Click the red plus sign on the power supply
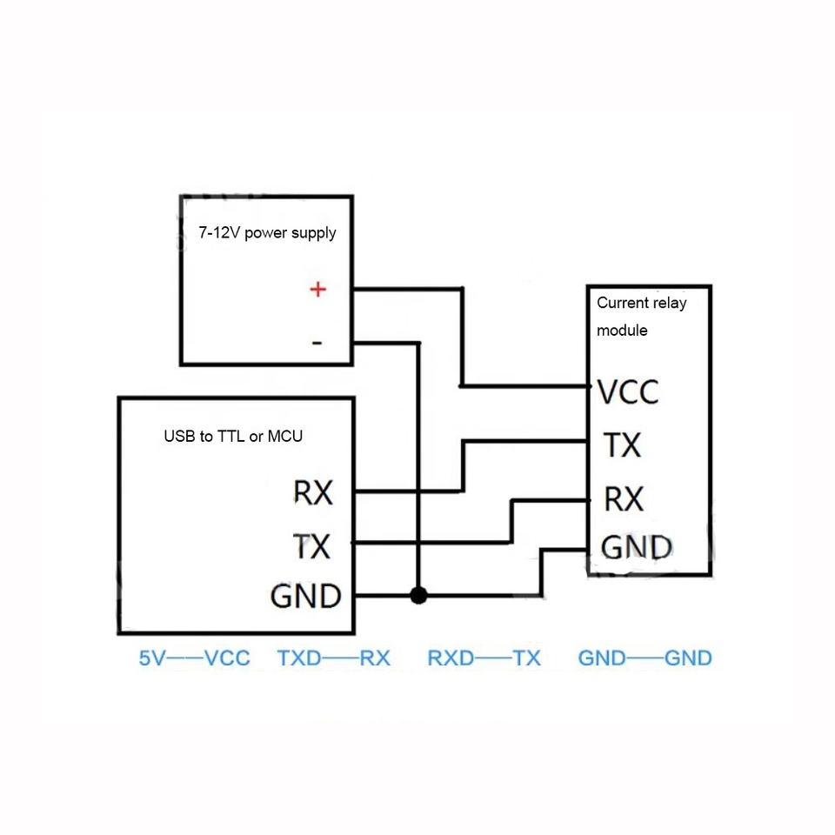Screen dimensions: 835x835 [318, 289]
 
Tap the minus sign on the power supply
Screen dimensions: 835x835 [317, 343]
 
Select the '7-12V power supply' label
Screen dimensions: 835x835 [267, 233]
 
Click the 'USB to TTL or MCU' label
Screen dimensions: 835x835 [233, 436]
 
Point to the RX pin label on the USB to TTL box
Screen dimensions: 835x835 [313, 493]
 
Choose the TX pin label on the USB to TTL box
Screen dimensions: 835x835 [312, 546]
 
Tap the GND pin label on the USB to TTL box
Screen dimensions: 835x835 [305, 597]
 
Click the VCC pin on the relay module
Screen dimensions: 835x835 [628, 392]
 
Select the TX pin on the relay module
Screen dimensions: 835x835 [622, 445]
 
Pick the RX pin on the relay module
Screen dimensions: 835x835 [624, 499]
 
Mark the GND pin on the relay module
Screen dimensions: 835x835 [637, 547]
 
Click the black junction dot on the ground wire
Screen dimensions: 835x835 [419, 596]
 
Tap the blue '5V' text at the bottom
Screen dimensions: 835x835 [151, 658]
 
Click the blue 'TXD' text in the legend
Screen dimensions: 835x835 [298, 658]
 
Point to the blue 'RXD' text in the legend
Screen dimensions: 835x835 [451, 658]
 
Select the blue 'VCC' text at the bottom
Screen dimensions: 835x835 [227, 658]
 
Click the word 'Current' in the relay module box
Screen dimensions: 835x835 [622, 303]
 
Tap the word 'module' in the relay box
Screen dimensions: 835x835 [622, 331]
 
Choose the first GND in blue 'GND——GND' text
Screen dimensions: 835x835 [602, 658]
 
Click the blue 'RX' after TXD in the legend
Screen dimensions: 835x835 [375, 658]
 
